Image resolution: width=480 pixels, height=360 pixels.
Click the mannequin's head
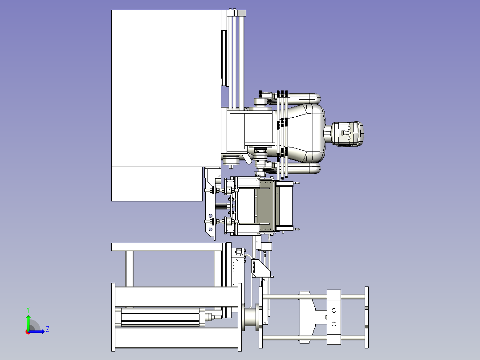tap(348, 133)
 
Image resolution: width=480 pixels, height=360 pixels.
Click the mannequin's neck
tap(328, 133)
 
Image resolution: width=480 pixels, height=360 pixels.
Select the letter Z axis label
tap(47, 329)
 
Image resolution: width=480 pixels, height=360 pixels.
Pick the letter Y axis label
tap(28, 309)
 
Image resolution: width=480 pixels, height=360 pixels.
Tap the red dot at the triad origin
tap(28, 331)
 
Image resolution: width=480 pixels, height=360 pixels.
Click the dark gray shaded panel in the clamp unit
tap(265, 206)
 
